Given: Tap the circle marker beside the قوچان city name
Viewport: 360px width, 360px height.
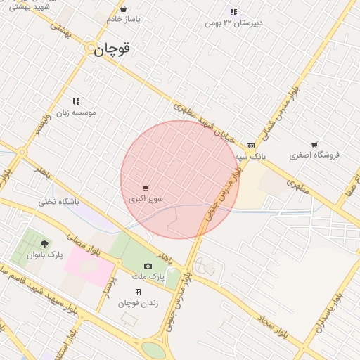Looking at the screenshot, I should point(92,50).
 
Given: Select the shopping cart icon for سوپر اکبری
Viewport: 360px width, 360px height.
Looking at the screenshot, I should point(146,188).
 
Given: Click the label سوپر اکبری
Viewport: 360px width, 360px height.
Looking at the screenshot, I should point(146,200).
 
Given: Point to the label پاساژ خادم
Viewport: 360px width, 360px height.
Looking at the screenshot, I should point(124,20).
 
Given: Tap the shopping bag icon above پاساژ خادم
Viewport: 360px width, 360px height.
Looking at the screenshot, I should point(124,9).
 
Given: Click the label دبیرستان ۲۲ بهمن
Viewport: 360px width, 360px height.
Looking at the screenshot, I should point(233,22).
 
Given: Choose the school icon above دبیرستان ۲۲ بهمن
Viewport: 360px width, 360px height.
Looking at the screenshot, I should point(233,12).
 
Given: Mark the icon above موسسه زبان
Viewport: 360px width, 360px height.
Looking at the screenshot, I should point(75,101).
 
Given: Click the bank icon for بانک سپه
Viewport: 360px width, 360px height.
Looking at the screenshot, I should point(251,145).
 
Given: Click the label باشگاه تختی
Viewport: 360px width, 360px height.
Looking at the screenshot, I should point(59,202).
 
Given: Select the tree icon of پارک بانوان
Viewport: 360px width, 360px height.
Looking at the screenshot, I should point(45,244).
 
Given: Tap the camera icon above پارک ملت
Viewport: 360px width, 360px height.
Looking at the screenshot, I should point(148,266).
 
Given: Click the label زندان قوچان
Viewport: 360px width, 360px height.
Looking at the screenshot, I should point(138,302).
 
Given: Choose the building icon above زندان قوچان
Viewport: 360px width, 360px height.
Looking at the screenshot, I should point(138,292).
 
